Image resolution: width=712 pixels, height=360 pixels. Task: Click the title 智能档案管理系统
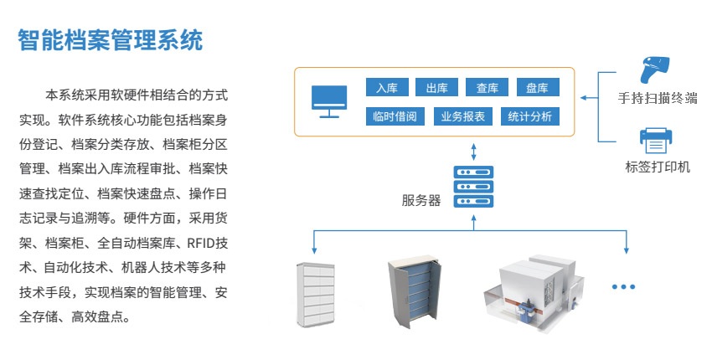point(111,40)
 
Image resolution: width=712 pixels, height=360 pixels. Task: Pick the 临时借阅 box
point(395,117)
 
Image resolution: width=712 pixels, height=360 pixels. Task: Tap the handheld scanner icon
point(653,69)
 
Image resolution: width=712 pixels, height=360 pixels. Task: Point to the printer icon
point(653,139)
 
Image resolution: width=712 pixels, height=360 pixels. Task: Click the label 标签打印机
point(658,167)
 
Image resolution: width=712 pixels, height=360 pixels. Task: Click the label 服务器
point(420,201)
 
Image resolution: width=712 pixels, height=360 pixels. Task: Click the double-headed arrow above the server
point(473,151)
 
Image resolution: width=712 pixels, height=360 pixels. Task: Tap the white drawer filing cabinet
point(317,295)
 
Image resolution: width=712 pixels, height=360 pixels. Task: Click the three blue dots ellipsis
point(624,287)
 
